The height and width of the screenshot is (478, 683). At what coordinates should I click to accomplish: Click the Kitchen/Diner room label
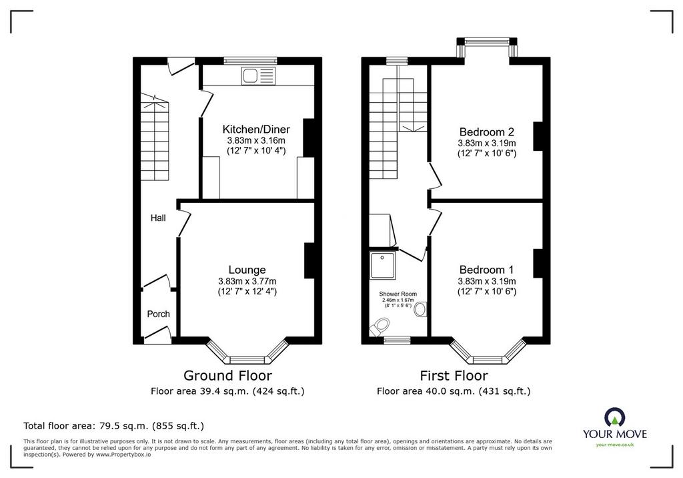[x=256, y=129]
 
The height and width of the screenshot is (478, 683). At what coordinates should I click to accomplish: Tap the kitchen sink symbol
[x=259, y=76]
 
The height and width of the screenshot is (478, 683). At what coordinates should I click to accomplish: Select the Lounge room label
[x=247, y=270]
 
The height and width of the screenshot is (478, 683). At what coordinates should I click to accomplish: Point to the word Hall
[x=158, y=218]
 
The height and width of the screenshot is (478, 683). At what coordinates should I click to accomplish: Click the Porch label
[x=158, y=314]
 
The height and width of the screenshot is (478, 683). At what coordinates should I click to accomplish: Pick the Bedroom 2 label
[x=486, y=132]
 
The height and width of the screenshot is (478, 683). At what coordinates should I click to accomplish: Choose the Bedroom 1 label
[x=486, y=270]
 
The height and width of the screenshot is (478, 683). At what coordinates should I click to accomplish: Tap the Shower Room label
[x=398, y=294]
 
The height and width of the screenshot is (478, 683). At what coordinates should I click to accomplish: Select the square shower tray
[x=383, y=265]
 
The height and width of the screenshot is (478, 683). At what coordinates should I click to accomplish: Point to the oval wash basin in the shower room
[x=420, y=310]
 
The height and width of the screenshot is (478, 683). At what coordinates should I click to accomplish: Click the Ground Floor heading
[x=227, y=375]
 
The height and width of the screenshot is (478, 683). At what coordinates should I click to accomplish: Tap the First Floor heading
[x=454, y=375]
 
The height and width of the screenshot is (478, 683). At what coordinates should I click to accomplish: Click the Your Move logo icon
[x=614, y=417]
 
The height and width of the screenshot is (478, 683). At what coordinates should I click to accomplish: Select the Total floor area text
[x=113, y=426]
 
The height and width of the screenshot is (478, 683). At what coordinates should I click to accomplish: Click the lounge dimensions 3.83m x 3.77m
[x=247, y=281]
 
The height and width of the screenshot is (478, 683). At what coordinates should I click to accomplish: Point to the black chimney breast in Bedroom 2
[x=538, y=136]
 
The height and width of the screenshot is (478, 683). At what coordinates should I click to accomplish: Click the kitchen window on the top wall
[x=251, y=61]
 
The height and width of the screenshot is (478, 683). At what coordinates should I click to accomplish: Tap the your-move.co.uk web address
[x=614, y=445]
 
